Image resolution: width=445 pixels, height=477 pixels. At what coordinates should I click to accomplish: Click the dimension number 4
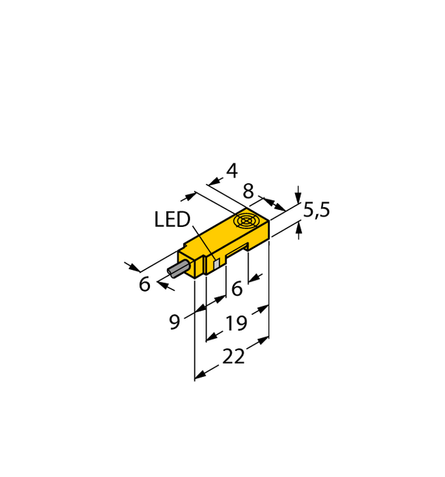point(232,171)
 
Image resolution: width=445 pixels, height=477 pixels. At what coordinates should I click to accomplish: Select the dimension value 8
point(249,191)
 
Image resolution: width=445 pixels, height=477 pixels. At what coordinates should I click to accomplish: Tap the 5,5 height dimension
point(317,210)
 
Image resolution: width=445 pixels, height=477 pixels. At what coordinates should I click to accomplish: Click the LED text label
point(172,221)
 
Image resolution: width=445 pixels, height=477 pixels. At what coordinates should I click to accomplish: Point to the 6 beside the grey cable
point(144,285)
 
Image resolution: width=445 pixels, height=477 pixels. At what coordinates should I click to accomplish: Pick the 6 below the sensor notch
point(237,288)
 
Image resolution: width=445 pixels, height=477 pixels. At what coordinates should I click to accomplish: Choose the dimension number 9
point(175,322)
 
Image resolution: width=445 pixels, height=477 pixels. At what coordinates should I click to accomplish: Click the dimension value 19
point(236,323)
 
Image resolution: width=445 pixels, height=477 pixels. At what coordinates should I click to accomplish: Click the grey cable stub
point(178,269)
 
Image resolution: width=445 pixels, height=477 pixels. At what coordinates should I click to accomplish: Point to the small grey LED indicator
point(217,262)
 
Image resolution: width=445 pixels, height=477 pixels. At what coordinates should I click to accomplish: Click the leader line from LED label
point(201,243)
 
